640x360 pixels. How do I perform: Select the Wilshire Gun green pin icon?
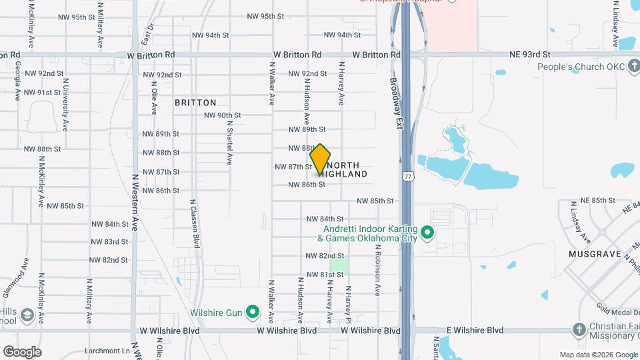(x=252, y=311)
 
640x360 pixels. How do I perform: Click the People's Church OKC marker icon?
(x=633, y=67)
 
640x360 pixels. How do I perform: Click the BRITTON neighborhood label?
(x=195, y=103)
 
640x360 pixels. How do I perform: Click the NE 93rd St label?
(x=530, y=54)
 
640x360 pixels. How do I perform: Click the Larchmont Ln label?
(x=107, y=351)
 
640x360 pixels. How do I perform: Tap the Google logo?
(x=22, y=352)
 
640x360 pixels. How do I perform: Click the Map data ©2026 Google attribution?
(x=598, y=355)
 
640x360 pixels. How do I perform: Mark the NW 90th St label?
(x=222, y=115)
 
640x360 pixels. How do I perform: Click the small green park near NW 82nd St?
(x=339, y=265)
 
